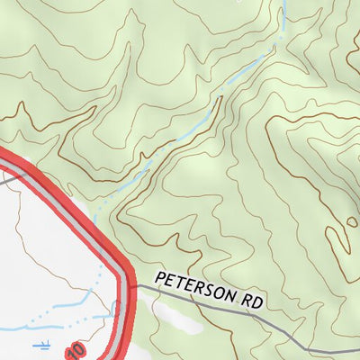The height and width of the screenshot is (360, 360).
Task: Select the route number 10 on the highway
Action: coord(76,347)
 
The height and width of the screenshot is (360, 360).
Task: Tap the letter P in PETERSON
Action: coord(159,279)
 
